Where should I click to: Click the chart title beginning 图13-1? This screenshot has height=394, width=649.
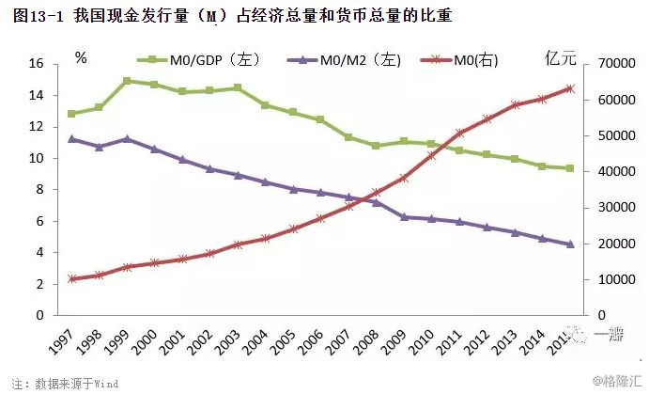point(229,16)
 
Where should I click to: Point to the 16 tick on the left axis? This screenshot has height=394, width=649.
point(38,64)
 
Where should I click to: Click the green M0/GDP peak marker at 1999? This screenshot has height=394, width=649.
point(127,81)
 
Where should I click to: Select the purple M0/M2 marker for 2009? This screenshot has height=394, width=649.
point(403,216)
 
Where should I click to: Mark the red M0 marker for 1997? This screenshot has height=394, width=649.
point(71,279)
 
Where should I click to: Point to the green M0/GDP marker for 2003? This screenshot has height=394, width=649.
point(238,87)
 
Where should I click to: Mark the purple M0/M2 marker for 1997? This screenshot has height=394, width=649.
point(71,138)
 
